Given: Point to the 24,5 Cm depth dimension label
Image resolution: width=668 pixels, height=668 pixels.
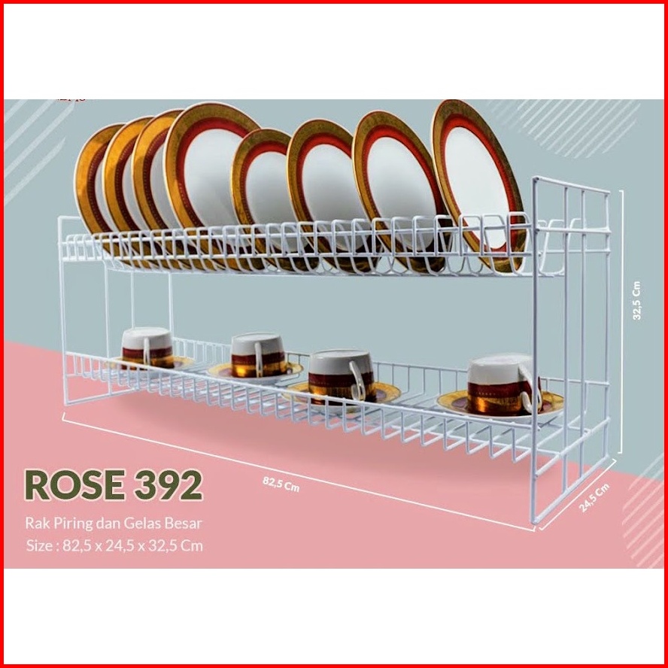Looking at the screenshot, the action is pos(594,498).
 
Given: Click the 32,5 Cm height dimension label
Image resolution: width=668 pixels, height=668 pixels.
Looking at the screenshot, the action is pos(636,302).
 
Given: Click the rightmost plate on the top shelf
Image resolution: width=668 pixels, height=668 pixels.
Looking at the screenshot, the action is pos(478,181).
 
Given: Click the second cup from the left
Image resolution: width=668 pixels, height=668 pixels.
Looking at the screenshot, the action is pos(257,354).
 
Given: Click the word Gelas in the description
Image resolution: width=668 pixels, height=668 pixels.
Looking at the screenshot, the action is pos(141,522).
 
